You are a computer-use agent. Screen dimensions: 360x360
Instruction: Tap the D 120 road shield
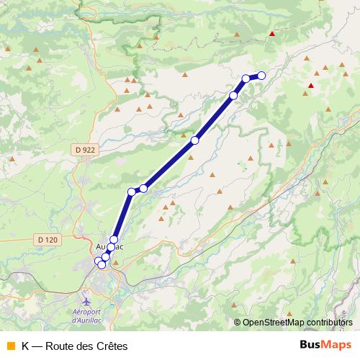[x=48, y=239]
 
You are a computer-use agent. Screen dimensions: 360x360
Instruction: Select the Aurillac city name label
[x=109, y=247]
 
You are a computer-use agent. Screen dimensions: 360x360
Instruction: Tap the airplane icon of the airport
[x=87, y=300]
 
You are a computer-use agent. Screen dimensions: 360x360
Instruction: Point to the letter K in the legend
[x=25, y=346]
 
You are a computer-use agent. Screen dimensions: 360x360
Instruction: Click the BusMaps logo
[x=325, y=345]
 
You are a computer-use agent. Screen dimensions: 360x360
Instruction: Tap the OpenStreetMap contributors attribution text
[x=297, y=323]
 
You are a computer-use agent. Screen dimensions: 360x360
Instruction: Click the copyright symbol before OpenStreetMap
[x=238, y=323]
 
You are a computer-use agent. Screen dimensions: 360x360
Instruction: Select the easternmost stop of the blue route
[x=261, y=75]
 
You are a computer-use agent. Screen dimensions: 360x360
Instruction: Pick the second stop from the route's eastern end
[x=246, y=78]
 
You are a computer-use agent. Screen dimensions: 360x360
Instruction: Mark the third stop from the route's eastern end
[x=233, y=95]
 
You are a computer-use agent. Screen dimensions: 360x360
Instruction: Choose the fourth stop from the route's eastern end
[x=195, y=140]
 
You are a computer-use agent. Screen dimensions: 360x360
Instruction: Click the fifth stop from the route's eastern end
[x=143, y=188]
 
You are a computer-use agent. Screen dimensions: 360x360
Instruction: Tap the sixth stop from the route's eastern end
[x=132, y=192]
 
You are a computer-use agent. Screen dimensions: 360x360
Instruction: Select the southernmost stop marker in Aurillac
[x=102, y=265]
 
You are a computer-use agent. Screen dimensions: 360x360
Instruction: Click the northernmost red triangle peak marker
[x=271, y=33]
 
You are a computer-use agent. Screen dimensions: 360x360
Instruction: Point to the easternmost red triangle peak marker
[x=310, y=85]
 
